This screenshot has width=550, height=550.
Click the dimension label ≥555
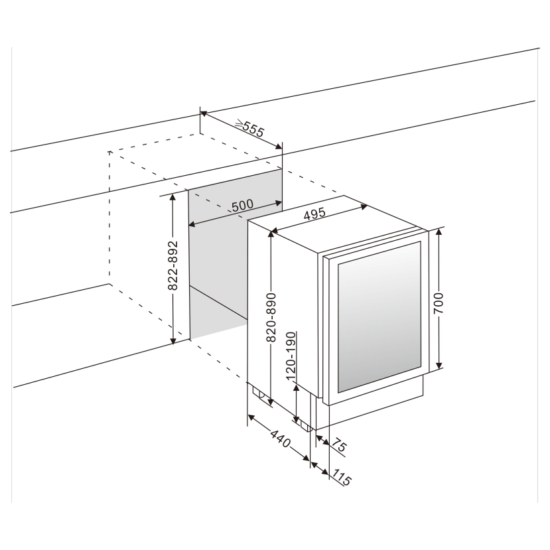click(x=250, y=129)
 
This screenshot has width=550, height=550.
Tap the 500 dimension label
click(x=242, y=205)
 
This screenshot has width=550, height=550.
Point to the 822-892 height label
click(x=172, y=265)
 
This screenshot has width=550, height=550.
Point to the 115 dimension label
click(x=342, y=477)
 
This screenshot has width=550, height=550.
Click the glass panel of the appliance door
click(x=378, y=315)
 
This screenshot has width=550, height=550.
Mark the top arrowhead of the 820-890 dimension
click(x=271, y=236)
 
